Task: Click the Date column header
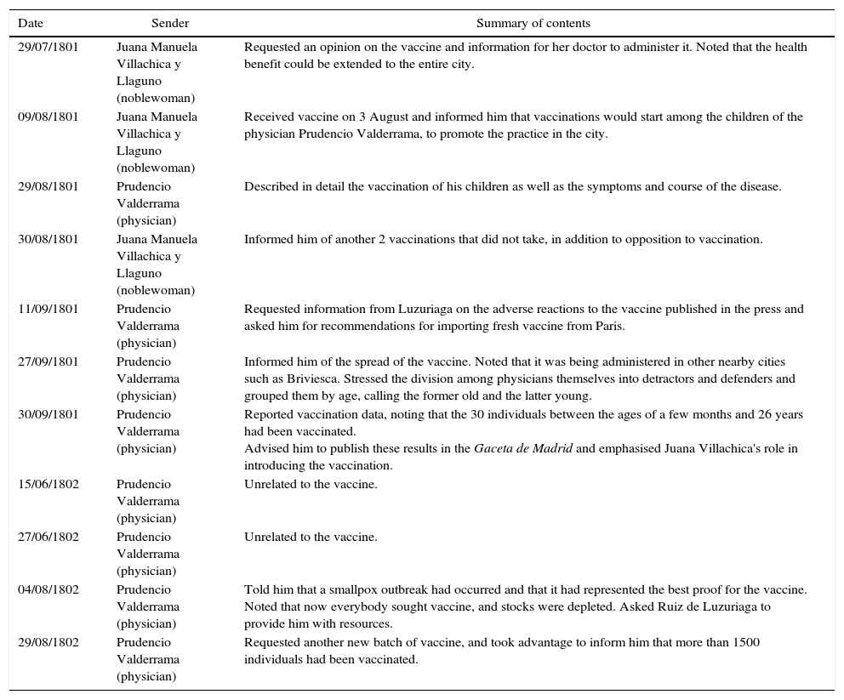pyautogui.click(x=31, y=23)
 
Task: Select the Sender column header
pyautogui.click(x=170, y=23)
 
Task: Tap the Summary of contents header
pyautogui.click(x=533, y=23)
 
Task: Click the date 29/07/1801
pyautogui.click(x=48, y=48)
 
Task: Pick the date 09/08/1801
pyautogui.click(x=48, y=117)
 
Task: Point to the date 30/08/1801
pyautogui.click(x=48, y=240)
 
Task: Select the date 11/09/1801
pyautogui.click(x=48, y=310)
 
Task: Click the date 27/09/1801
pyautogui.click(x=48, y=362)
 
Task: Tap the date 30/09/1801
pyautogui.click(x=48, y=415)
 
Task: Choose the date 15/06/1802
pyautogui.click(x=48, y=485)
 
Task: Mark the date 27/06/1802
pyautogui.click(x=48, y=538)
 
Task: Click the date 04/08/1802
pyautogui.click(x=48, y=590)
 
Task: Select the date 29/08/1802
pyautogui.click(x=48, y=643)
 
